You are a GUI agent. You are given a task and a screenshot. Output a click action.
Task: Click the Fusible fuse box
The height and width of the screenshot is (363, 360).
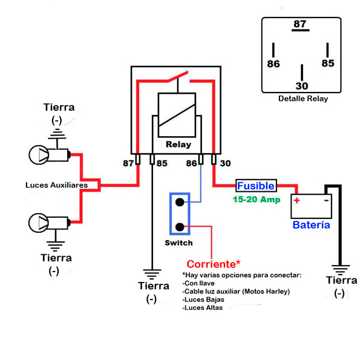click(x=256, y=186)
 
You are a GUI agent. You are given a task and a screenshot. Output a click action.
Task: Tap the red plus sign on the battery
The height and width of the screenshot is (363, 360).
click(x=296, y=200)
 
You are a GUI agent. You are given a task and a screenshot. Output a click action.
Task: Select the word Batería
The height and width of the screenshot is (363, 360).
click(x=311, y=225)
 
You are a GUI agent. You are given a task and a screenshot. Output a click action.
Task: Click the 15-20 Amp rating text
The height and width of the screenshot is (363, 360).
click(x=257, y=199)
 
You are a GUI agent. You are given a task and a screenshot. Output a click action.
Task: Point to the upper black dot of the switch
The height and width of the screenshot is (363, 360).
click(x=180, y=202)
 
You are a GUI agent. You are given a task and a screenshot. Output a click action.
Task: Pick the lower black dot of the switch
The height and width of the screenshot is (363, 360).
click(x=180, y=227)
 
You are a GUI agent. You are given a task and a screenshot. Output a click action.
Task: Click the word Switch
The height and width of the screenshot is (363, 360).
click(x=178, y=243)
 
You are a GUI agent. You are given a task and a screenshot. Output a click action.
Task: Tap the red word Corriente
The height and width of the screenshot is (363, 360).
click(x=211, y=264)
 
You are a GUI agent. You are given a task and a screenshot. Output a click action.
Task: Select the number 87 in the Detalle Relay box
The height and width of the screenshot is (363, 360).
click(x=300, y=24)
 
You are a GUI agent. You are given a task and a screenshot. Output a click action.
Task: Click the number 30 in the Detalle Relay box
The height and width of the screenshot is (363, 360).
click(x=302, y=86)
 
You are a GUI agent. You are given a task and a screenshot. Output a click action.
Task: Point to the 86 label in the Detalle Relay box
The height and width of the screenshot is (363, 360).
click(x=273, y=64)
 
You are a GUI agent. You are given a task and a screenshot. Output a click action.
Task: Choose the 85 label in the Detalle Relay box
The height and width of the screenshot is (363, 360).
click(x=328, y=63)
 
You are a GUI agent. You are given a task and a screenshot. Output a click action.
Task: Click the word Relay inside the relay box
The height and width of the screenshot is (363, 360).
click(x=178, y=144)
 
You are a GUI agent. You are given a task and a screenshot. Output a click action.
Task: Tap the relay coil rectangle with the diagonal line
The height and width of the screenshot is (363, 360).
click(x=177, y=115)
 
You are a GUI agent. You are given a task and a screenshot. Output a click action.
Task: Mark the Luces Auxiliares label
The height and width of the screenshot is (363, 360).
click(x=56, y=185)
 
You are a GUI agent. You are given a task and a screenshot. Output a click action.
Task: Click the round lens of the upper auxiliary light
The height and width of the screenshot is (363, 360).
click(x=39, y=155)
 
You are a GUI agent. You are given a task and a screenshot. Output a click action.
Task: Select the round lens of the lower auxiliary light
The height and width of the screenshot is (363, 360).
click(x=39, y=223)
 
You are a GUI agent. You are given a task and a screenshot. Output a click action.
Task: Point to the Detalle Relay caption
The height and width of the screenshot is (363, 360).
click(x=303, y=99)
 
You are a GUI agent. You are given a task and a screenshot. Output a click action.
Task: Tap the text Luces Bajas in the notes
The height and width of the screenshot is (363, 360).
click(x=203, y=299)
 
